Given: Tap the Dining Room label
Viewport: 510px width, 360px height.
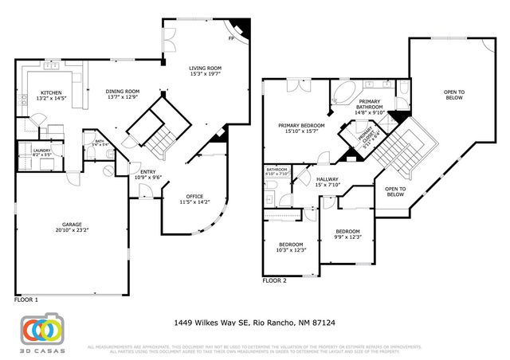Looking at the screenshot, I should point(123,91).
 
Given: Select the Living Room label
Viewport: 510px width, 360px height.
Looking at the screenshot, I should point(206,68).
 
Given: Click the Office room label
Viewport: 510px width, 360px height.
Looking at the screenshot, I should point(194,196).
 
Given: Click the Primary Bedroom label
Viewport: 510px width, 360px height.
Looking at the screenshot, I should point(300,126).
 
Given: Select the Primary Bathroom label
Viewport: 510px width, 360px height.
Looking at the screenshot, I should point(369,102).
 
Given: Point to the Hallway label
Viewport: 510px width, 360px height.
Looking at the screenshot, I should point(328,179).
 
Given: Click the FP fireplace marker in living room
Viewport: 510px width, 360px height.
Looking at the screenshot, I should point(231,37).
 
